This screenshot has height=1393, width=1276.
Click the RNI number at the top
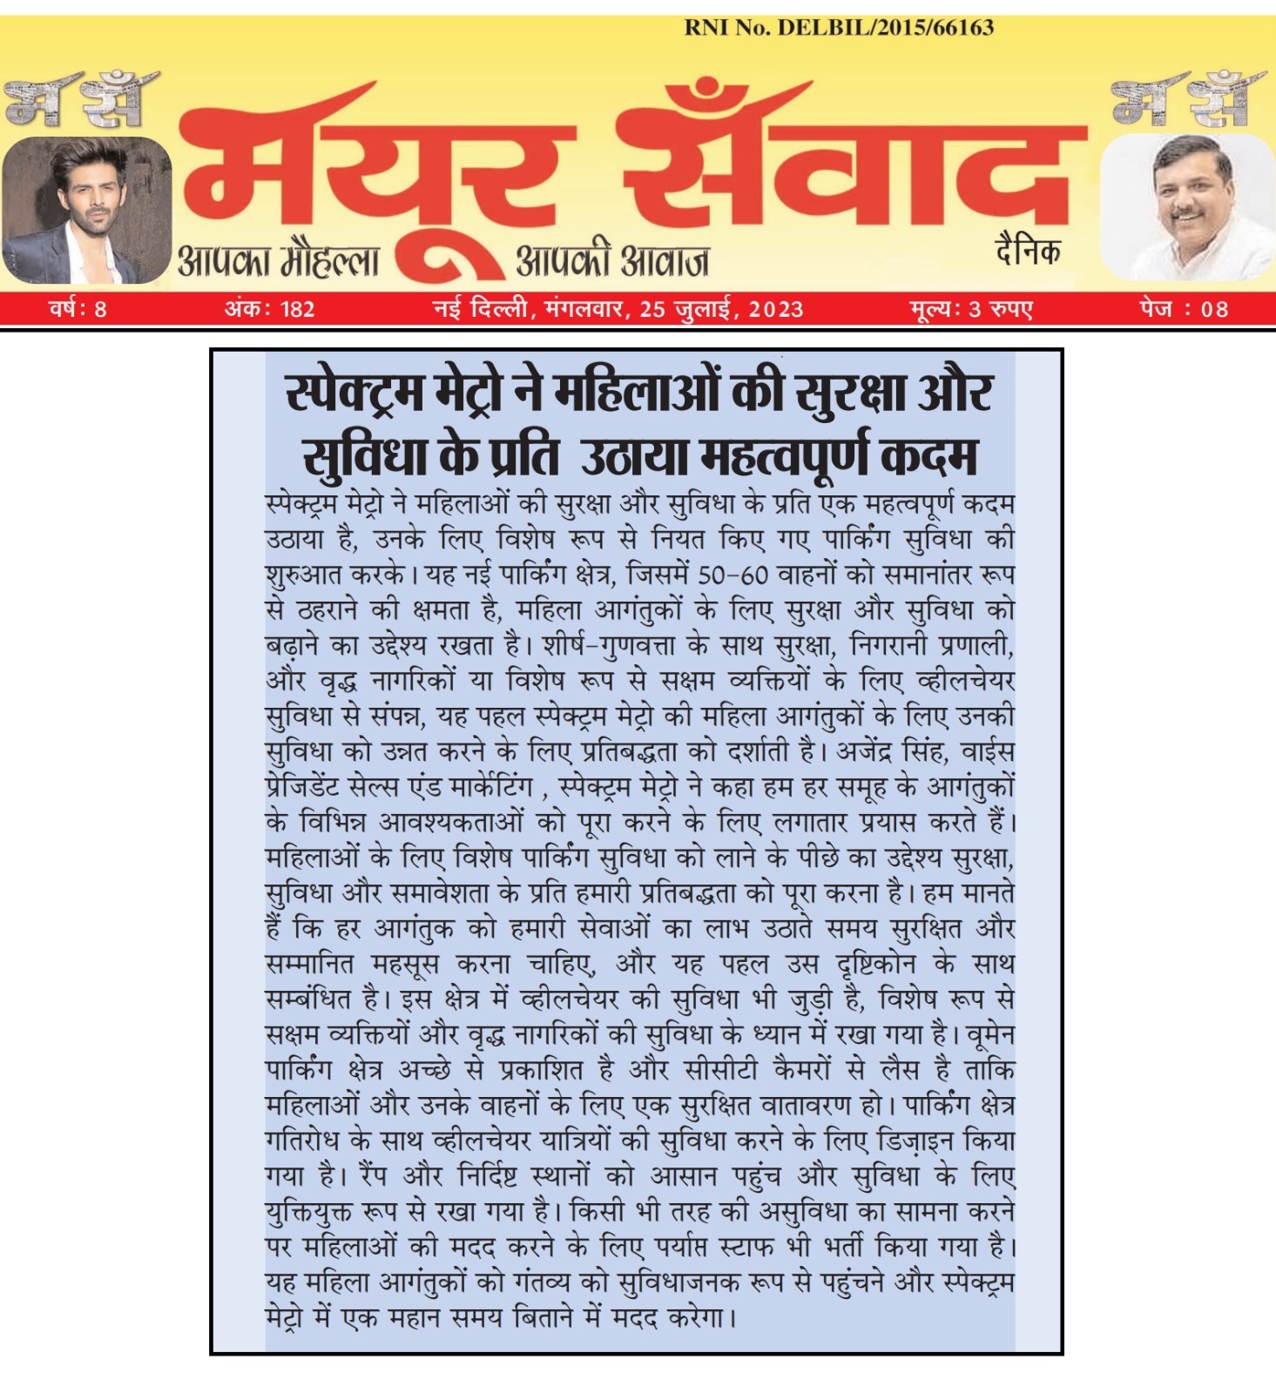[x=838, y=27]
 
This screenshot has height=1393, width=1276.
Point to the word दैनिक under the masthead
[x=1028, y=252]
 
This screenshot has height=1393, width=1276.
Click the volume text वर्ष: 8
[x=78, y=309]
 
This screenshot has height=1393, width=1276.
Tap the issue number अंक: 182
[x=269, y=309]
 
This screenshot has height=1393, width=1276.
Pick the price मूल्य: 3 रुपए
[x=971, y=309]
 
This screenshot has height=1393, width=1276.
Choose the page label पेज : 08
[x=1183, y=309]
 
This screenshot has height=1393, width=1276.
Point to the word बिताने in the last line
[x=530, y=1317]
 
